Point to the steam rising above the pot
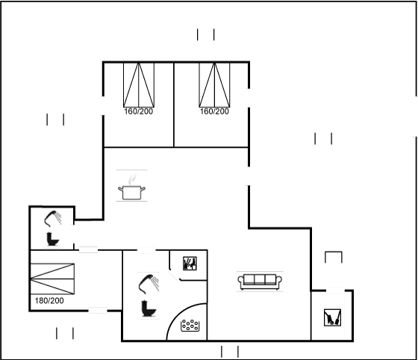pyautogui.click(x=132, y=179)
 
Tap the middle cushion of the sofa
pyautogui.click(x=260, y=279)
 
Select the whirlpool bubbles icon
pyautogui.click(x=190, y=326)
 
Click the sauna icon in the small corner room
pyautogui.click(x=190, y=264)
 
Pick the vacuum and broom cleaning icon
pyautogui.click(x=332, y=317)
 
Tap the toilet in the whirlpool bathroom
pyautogui.click(x=149, y=308)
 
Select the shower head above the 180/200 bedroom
pyautogui.click(x=53, y=219)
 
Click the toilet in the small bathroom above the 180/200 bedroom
pyautogui.click(x=52, y=239)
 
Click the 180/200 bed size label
pyautogui.click(x=49, y=301)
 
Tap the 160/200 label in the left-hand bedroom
pyautogui.click(x=139, y=111)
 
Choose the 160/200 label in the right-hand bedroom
pyautogui.click(x=215, y=111)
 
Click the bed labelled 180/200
pyautogui.click(x=52, y=279)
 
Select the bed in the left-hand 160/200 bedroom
pyautogui.click(x=139, y=85)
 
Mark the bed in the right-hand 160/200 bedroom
pyautogui.click(x=215, y=85)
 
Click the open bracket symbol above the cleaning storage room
pyautogui.click(x=334, y=252)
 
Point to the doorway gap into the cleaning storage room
pyautogui.click(x=335, y=291)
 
